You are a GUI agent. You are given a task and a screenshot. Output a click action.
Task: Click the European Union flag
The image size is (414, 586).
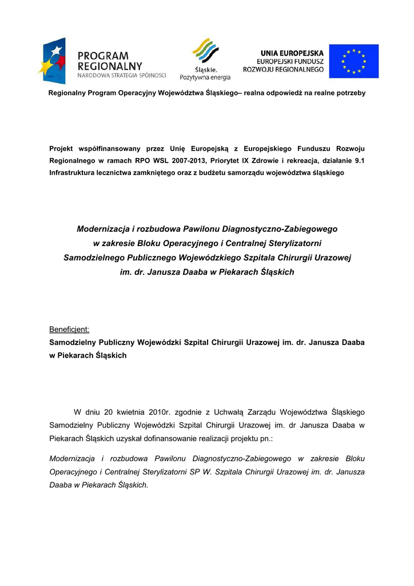coord(353,61)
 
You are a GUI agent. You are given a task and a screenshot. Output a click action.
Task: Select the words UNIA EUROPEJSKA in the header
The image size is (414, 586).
coord(291,52)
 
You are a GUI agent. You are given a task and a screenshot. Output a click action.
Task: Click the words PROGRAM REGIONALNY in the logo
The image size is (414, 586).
coord(109,61)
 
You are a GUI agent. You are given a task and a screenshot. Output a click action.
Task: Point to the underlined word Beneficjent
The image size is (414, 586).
coord(70,330)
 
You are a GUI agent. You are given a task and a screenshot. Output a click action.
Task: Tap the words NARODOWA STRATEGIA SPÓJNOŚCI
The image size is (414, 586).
coord(122,75)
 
